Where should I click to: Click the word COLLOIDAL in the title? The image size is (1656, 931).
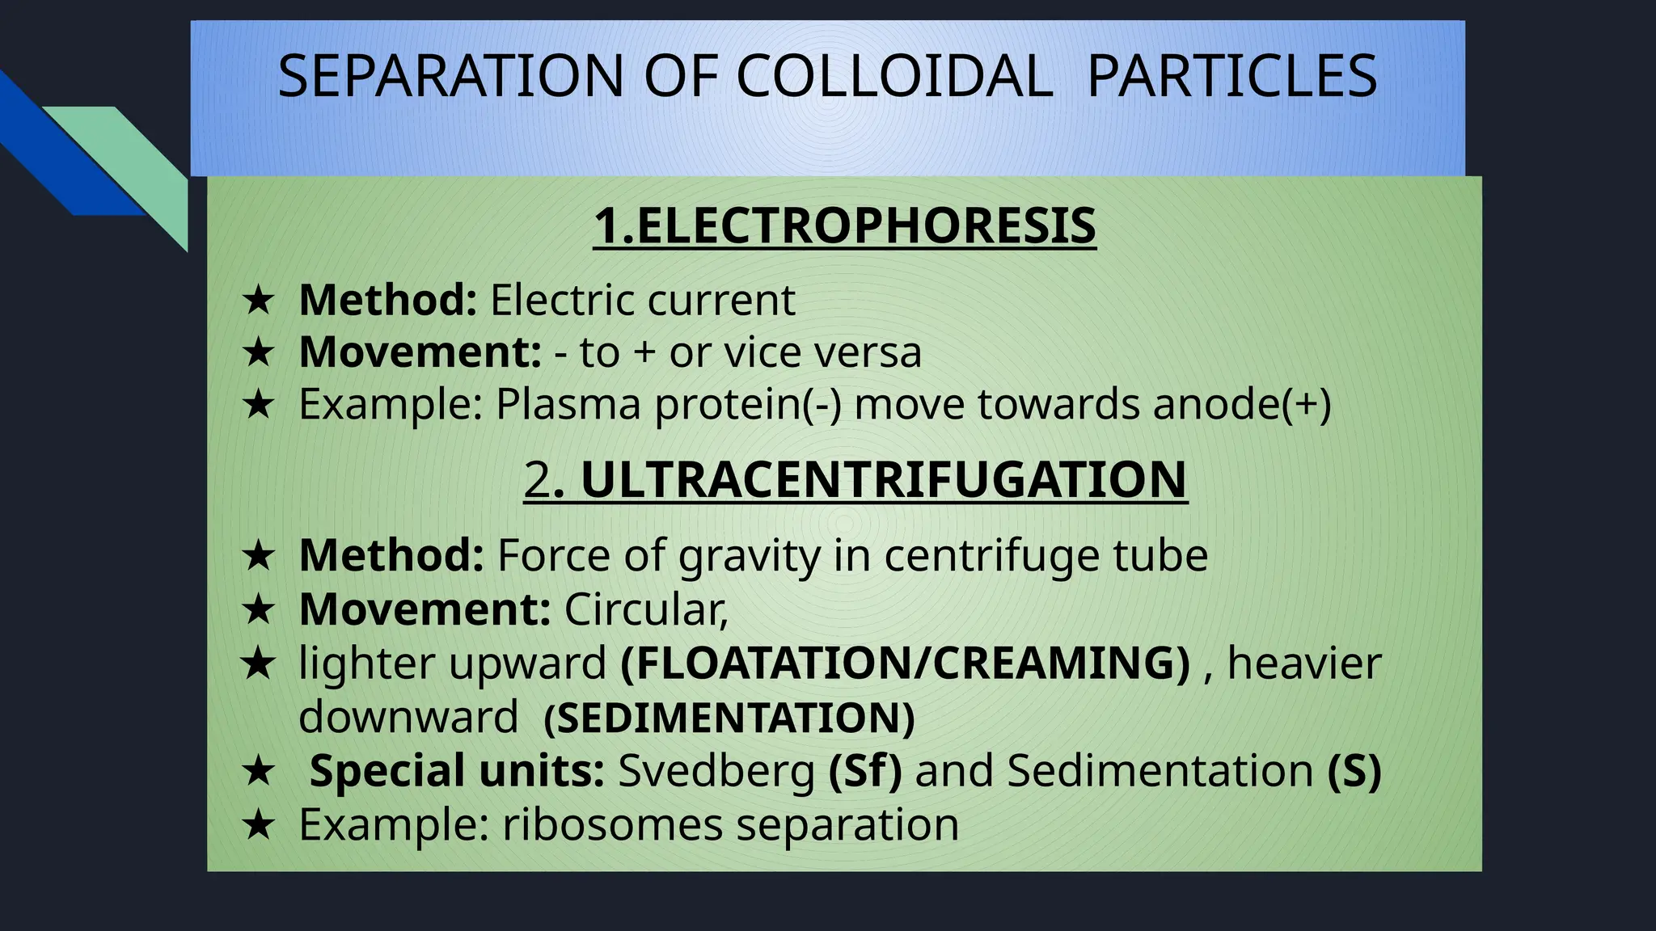click(x=894, y=76)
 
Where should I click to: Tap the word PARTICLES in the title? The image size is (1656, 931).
click(x=1231, y=76)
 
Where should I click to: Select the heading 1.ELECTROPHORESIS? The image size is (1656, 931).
click(x=844, y=225)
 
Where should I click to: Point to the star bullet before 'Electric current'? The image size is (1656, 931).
click(x=258, y=301)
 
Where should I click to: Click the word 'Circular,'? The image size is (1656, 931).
click(x=646, y=609)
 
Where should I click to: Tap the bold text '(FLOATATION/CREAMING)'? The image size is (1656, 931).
click(x=905, y=663)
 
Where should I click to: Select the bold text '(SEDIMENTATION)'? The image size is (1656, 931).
click(x=729, y=718)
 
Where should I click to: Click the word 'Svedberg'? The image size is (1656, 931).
click(x=716, y=770)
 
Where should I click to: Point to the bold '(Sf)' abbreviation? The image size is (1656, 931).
click(x=864, y=770)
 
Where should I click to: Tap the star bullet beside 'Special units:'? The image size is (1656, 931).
click(x=258, y=771)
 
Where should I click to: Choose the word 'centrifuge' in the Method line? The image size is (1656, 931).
click(x=991, y=556)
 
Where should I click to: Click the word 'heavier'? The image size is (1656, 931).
click(x=1304, y=663)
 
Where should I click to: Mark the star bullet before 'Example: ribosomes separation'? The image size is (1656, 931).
click(x=258, y=825)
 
